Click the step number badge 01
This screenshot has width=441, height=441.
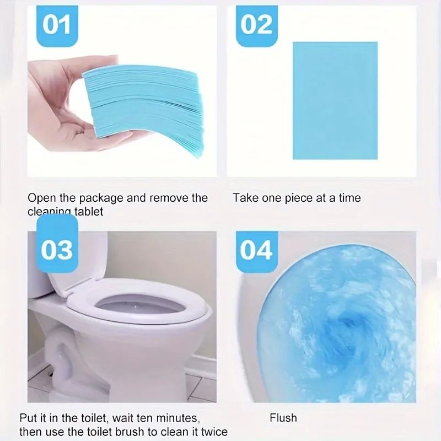57,25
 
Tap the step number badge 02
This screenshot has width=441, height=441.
257,25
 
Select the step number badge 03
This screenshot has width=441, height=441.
57,250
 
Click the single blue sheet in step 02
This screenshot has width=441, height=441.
335,100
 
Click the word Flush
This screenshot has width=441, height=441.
283,418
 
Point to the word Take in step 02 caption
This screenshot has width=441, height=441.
245,198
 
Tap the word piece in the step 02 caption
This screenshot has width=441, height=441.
298,198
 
